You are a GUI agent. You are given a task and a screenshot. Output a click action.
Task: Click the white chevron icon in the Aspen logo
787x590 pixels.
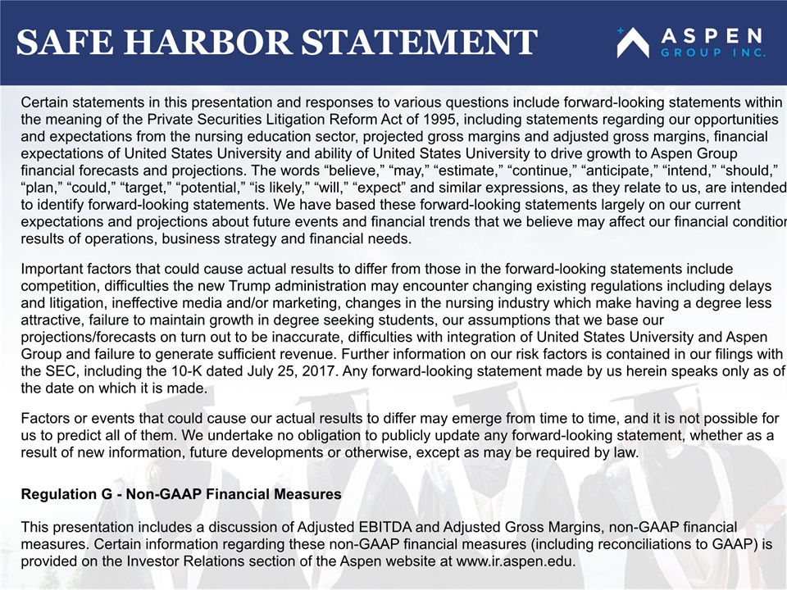click(633, 43)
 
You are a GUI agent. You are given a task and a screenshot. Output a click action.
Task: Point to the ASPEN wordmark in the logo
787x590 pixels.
click(712, 36)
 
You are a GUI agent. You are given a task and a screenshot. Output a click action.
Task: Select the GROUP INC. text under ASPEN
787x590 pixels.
click(713, 52)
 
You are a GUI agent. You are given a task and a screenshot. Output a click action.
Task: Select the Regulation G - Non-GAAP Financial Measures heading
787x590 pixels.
click(181, 494)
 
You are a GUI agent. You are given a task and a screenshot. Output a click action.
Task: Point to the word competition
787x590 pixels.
click(57, 286)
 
